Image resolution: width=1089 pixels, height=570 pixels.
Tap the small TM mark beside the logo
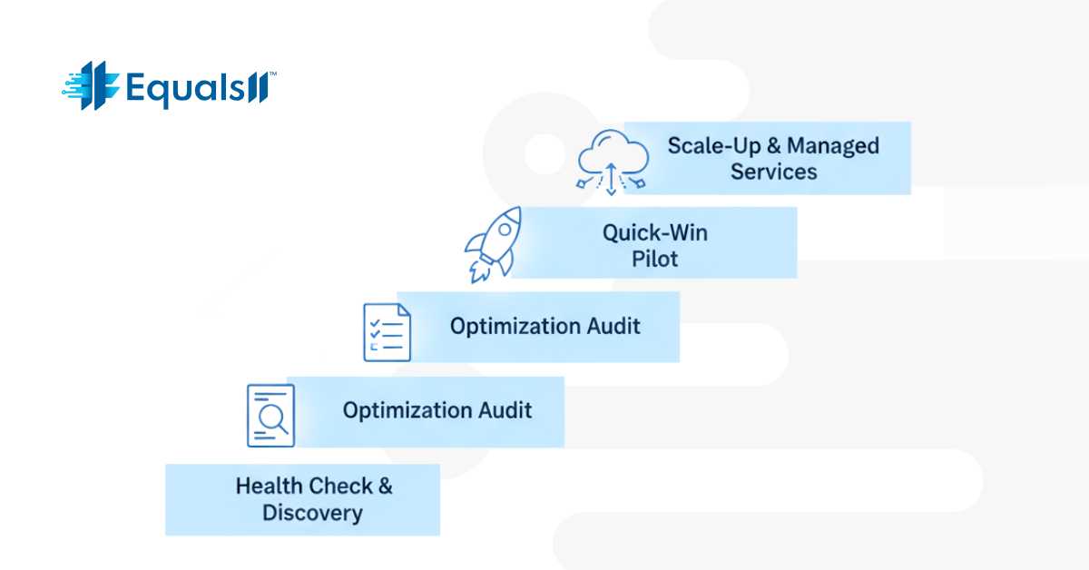coord(272,76)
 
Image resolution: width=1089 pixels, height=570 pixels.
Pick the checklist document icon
coord(387,332)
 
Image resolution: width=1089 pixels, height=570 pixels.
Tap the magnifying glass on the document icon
coord(272,417)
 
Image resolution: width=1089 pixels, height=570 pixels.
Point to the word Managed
coord(833,145)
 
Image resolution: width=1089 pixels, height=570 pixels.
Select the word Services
coord(774,172)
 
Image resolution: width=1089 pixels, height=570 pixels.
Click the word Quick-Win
coord(655,232)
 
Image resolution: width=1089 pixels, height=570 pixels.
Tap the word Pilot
coord(655,260)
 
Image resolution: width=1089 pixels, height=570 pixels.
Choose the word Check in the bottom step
coord(338,486)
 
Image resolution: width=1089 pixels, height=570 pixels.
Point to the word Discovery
coord(312,513)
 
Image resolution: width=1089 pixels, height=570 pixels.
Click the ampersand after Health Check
coord(385,486)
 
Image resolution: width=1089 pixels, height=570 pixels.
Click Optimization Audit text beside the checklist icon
coord(545,326)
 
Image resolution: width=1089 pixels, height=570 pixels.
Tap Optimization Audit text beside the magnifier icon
coord(437,410)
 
